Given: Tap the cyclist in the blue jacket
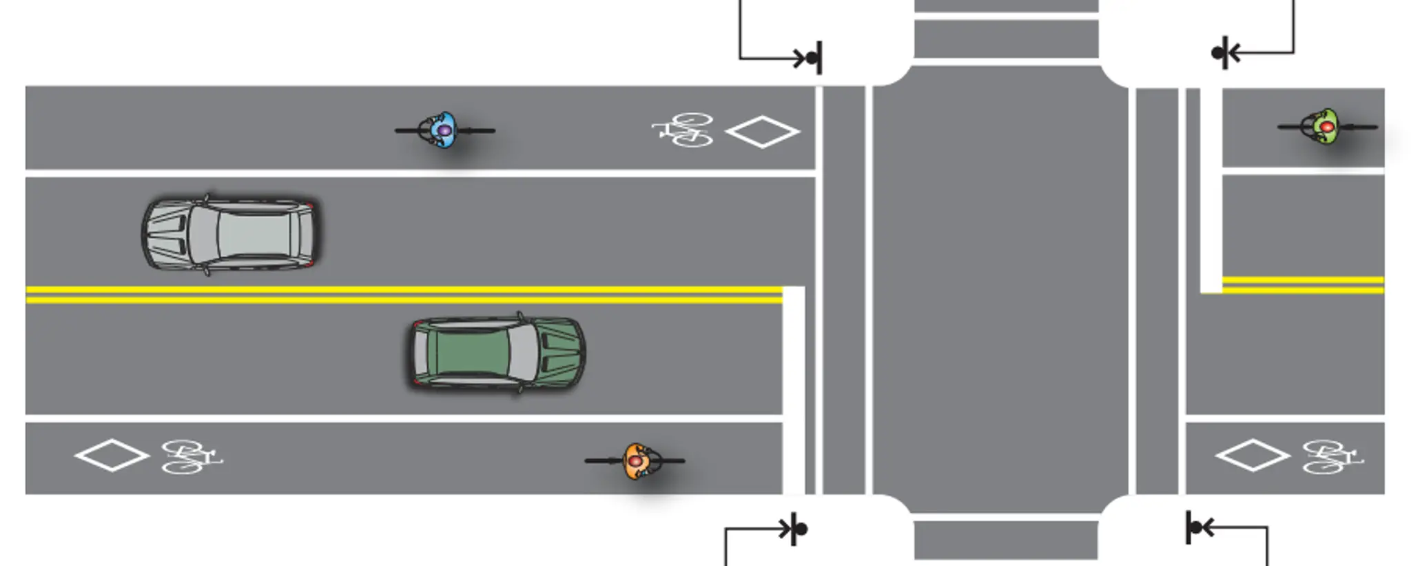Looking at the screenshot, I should coord(444,130).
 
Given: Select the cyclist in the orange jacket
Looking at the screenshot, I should coord(635,461).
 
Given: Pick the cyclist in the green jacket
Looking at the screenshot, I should coord(1327,127).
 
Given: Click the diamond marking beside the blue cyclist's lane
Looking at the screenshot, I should coord(763,132).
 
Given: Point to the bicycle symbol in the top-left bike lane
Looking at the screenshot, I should coord(682,130).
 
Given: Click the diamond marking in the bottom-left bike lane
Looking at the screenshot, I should coord(112,455).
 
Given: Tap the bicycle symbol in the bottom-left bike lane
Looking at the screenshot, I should coord(191,456).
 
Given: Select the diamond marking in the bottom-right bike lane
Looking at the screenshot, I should coord(1252,455).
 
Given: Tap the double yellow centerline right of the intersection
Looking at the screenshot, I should coord(1302,285).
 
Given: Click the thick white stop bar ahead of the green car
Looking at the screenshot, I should coord(793,390).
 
